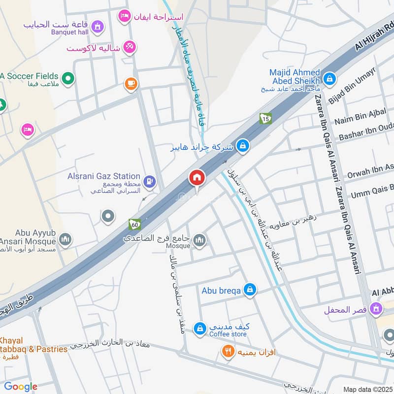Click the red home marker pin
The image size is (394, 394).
197,178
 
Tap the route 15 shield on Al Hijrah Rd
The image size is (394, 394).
265,119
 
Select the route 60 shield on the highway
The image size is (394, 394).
134,224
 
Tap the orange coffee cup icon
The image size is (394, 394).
130,84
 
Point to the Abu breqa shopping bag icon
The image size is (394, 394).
250,290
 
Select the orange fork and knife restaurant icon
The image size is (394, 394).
227,352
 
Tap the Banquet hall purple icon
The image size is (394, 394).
98,25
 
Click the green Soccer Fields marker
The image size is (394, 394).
68,77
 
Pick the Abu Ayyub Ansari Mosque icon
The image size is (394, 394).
65,240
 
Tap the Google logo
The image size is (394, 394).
21,387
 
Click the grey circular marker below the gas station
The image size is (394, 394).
107,216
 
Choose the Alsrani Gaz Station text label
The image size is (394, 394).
104,176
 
